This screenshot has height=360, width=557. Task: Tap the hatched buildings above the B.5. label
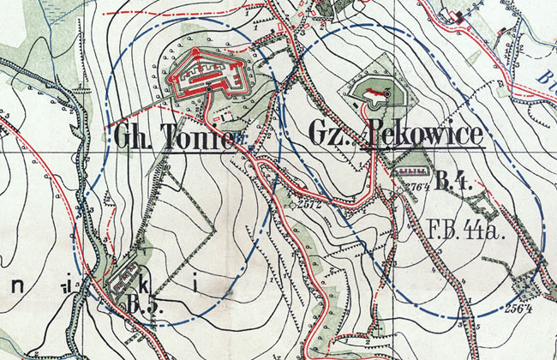click(x=123, y=280)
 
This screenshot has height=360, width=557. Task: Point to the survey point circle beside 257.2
click(x=292, y=205)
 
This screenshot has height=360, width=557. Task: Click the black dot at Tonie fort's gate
click(x=209, y=88)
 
